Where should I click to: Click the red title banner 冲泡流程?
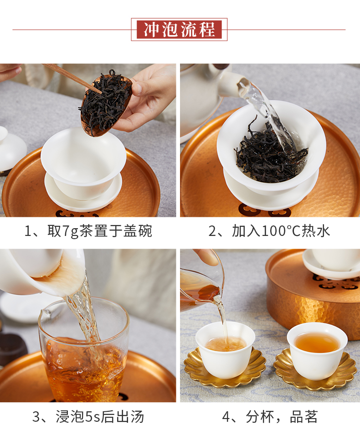(179, 30)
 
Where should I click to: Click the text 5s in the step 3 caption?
(93, 417)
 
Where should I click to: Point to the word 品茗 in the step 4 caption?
(303, 417)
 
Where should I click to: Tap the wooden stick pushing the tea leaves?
(72, 78)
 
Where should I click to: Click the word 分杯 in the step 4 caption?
(260, 417)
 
